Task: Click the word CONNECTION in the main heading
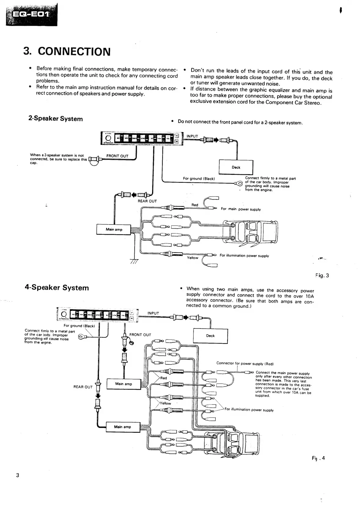(74, 52)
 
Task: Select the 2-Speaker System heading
(56, 119)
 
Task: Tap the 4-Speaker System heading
(57, 288)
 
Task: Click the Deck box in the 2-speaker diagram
(236, 167)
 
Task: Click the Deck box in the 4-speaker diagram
(210, 336)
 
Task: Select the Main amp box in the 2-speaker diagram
(114, 230)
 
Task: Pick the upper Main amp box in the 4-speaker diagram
(124, 384)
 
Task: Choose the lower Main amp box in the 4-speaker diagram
(122, 427)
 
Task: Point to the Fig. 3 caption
(322, 275)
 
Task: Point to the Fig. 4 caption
(318, 458)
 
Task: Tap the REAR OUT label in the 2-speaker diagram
(147, 201)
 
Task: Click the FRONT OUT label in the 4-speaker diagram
(140, 335)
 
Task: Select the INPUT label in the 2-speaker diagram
(192, 136)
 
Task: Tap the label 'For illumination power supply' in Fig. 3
(244, 256)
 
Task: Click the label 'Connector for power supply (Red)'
(245, 363)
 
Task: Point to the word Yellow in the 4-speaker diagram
(165, 403)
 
